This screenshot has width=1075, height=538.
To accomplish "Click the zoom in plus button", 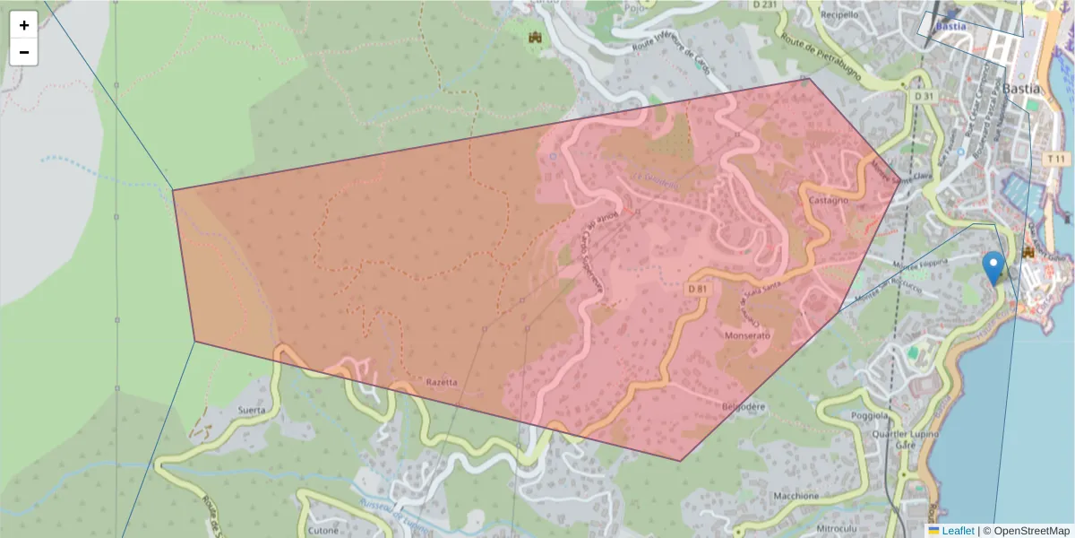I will [x=24, y=25].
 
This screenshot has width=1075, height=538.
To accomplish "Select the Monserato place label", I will [x=746, y=334].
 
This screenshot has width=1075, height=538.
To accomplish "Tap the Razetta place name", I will [x=442, y=383].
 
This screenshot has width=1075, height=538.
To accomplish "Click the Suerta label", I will [x=251, y=411].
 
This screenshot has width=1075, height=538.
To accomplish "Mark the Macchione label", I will [x=793, y=496].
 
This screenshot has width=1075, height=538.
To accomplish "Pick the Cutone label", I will [x=322, y=530].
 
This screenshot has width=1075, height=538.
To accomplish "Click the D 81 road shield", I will [x=700, y=290].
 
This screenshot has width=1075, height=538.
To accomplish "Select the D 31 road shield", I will [x=924, y=96].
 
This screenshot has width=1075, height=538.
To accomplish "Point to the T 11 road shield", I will [x=1057, y=158].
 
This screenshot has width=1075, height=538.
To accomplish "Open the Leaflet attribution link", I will [x=957, y=531].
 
